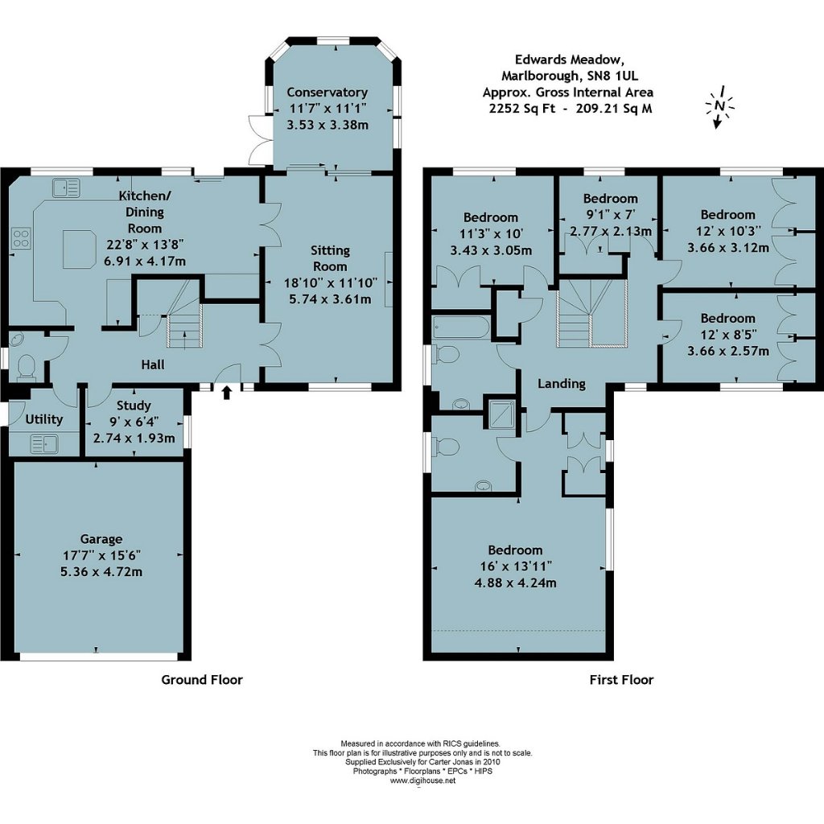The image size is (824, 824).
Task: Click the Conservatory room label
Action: click(x=327, y=93)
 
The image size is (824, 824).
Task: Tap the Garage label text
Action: click(x=101, y=539)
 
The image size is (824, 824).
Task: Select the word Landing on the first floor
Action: click(x=561, y=384)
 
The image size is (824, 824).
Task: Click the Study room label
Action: click(x=134, y=406)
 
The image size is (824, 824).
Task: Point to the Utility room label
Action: click(x=44, y=419)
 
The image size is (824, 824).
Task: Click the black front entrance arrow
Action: click(x=226, y=393)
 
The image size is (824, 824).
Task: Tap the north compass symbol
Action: click(x=719, y=107)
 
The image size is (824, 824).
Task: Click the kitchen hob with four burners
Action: click(x=21, y=238)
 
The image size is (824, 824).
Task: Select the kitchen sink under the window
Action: click(x=66, y=187)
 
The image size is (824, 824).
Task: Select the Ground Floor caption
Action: click(x=202, y=680)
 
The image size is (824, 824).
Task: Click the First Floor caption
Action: click(x=622, y=680)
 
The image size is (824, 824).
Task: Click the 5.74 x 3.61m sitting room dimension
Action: click(x=330, y=299)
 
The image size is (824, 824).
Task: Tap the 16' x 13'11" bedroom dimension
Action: click(x=516, y=566)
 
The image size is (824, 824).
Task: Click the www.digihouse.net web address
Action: click(x=422, y=781)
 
